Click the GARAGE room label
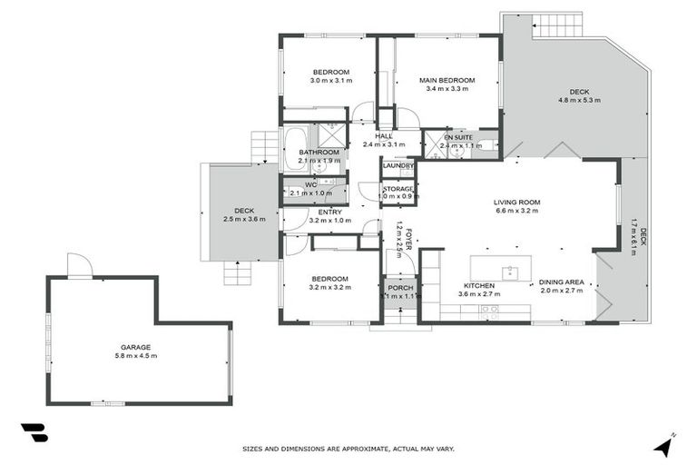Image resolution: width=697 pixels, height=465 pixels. (x=135, y=347)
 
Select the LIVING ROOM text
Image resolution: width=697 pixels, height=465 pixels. (x=516, y=202)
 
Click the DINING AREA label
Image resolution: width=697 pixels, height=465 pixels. (x=561, y=282)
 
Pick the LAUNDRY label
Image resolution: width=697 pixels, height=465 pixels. (x=398, y=165)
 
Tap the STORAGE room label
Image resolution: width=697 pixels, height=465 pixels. (x=398, y=188)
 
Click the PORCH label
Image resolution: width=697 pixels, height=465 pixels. (x=400, y=288)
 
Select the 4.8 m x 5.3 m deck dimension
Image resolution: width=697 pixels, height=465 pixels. (x=579, y=100)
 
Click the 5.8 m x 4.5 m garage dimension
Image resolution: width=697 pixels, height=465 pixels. (x=135, y=355)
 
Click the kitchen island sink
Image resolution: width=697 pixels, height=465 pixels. (x=511, y=272)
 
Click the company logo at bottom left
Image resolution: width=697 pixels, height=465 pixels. (x=34, y=433)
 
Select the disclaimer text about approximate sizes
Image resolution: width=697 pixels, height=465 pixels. (x=348, y=449)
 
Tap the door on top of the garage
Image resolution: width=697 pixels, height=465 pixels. (x=80, y=265)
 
